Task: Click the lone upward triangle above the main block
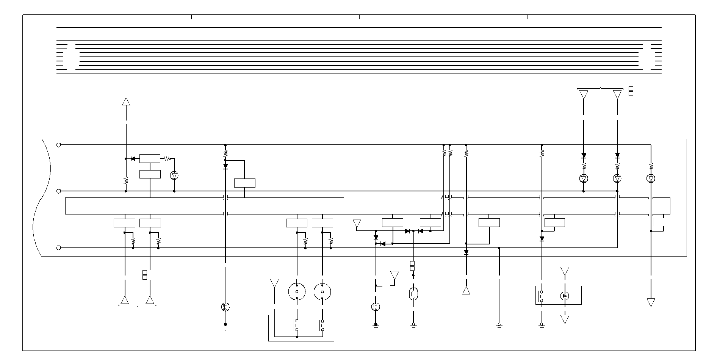[126, 101]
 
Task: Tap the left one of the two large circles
[297, 292]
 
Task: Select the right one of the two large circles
[322, 292]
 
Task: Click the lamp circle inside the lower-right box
[565, 296]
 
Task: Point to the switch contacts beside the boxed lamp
[542, 296]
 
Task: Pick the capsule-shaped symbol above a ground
[413, 293]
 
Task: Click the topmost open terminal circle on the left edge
[59, 145]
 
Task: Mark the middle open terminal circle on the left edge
[59, 191]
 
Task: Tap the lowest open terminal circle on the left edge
[59, 248]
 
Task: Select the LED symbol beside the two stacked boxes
[174, 175]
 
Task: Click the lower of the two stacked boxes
[150, 174]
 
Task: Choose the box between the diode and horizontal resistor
[150, 158]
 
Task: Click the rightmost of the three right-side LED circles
[651, 178]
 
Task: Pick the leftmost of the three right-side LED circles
[584, 178]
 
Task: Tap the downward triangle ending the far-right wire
[651, 302]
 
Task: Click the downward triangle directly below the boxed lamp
[565, 319]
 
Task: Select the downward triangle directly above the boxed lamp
[565, 271]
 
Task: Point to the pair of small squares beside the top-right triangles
[631, 91]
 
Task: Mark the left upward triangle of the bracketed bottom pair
[125, 301]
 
